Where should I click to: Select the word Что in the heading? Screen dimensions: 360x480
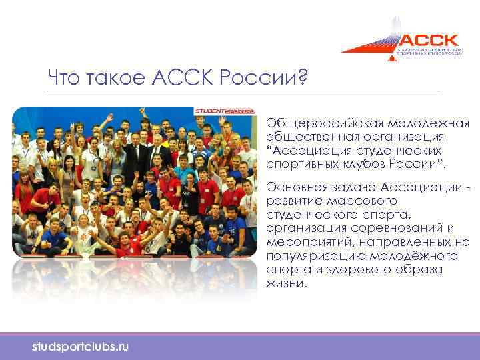(65, 79)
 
